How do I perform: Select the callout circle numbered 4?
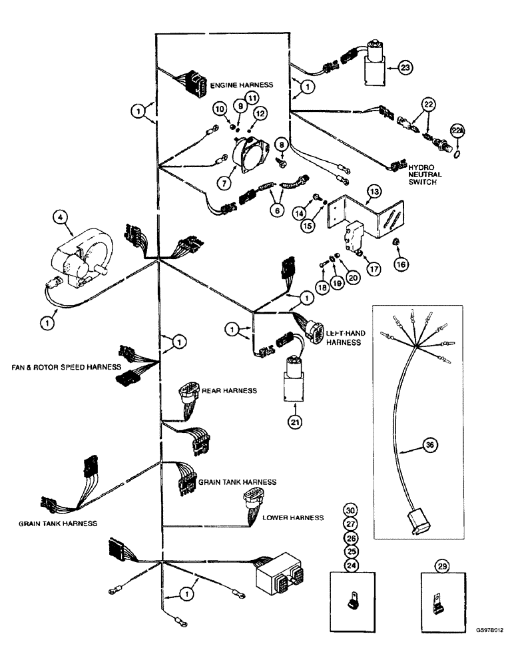point(60,216)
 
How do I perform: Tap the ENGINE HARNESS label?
point(242,87)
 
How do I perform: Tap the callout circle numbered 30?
point(350,509)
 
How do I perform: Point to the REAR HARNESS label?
point(229,391)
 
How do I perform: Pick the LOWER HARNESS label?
point(292,517)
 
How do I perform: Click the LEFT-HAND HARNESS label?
point(343,336)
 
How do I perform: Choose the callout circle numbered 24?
point(350,565)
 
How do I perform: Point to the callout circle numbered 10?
point(219,109)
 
